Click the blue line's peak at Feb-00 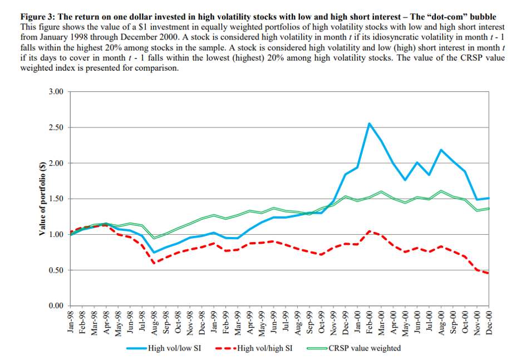pos(370,124)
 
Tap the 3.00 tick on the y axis pos(56,91)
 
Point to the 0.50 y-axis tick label pos(56,270)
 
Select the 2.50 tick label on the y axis pos(56,127)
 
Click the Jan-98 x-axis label pos(70,322)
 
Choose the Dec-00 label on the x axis pos(489,322)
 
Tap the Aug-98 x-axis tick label pos(154,322)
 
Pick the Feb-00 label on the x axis pos(370,322)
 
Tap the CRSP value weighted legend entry pos(365,348)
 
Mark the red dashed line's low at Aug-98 pos(154,263)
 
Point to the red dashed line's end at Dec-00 pos(489,273)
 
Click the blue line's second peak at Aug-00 pos(441,150)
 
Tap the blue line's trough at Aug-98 pos(154,253)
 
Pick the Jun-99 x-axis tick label pos(274,322)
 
